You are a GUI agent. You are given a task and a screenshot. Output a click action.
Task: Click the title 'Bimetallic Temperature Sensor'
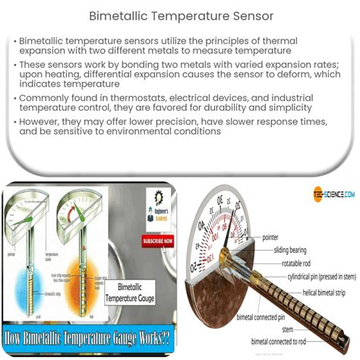pyautogui.click(x=180, y=15)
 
